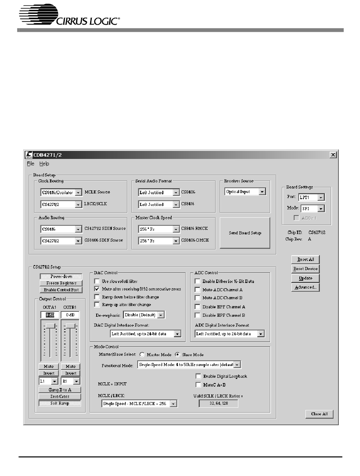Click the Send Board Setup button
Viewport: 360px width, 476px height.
[x=244, y=233]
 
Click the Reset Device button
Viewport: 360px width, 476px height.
[x=305, y=269]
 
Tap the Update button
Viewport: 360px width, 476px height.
[x=305, y=278]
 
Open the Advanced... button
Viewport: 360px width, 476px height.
[x=305, y=287]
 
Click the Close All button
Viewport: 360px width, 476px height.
[x=319, y=414]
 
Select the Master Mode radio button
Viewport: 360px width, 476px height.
[x=142, y=355]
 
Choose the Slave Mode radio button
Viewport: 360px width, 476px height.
[x=177, y=355]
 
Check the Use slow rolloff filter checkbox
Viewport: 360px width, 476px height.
[x=97, y=281]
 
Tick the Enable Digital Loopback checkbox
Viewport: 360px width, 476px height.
[x=198, y=376]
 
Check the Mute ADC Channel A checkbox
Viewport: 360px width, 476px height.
[x=197, y=290]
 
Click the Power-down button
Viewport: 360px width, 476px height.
[x=61, y=276]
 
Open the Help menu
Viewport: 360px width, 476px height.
[x=44, y=164]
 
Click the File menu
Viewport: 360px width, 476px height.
[x=30, y=164]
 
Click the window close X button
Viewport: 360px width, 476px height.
[x=333, y=155]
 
